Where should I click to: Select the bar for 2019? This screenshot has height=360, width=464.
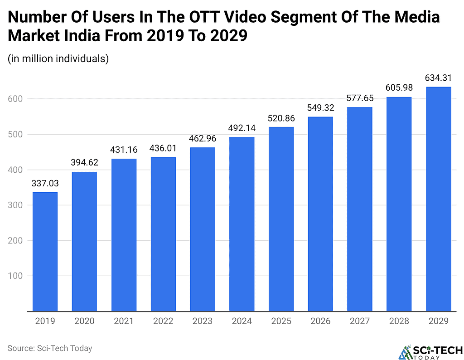[45, 252]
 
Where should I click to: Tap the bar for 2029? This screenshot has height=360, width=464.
[438, 199]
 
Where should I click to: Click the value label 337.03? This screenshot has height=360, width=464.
[45, 184]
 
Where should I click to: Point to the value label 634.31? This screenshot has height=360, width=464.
[438, 78]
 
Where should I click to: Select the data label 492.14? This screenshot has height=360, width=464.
[242, 128]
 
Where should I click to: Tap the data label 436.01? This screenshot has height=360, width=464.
[163, 149]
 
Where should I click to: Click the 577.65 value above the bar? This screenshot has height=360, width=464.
[359, 98]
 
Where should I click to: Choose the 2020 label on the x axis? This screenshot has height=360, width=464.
[84, 321]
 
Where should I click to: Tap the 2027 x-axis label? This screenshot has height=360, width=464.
[359, 321]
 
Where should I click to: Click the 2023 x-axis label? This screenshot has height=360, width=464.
[202, 321]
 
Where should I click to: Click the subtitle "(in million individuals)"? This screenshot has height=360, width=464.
[58, 59]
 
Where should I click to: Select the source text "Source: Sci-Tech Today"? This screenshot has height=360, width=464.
[50, 348]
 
